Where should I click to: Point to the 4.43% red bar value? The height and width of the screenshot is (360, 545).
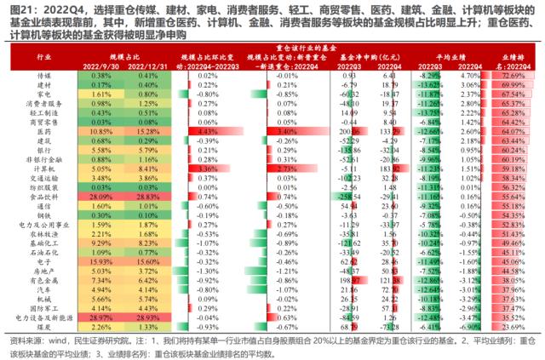207,133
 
